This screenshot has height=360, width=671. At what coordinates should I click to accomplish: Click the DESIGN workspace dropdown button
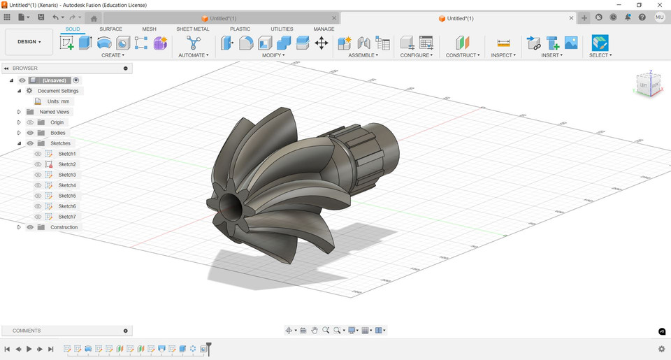point(29,42)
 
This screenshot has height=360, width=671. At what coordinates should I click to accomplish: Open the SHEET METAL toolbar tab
point(192,29)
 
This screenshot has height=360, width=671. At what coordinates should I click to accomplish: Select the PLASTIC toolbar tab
point(240,29)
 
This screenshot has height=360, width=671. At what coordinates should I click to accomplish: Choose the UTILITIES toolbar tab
point(282,29)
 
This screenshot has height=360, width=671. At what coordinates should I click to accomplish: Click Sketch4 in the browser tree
point(67,185)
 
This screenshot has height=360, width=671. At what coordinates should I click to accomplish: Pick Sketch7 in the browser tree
point(67,217)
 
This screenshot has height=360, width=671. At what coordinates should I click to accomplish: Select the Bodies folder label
point(57,133)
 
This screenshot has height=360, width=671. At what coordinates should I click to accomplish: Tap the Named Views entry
point(55,112)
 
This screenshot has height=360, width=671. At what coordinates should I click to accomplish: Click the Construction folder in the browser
point(64,227)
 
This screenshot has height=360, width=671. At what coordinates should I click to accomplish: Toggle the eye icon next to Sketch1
point(38,154)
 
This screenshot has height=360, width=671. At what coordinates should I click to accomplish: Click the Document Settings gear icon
point(29,91)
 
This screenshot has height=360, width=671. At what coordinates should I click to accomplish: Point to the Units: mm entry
point(58,101)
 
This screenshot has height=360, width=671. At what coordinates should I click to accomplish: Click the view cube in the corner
point(648,85)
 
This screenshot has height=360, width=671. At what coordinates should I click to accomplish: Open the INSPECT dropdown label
point(503,55)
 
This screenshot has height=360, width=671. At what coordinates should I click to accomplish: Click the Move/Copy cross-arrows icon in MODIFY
point(322,43)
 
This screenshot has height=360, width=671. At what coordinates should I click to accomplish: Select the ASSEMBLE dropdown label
point(363,55)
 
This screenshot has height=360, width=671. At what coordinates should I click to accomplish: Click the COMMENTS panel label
point(27,331)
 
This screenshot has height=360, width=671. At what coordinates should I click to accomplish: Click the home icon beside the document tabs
point(94,18)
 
